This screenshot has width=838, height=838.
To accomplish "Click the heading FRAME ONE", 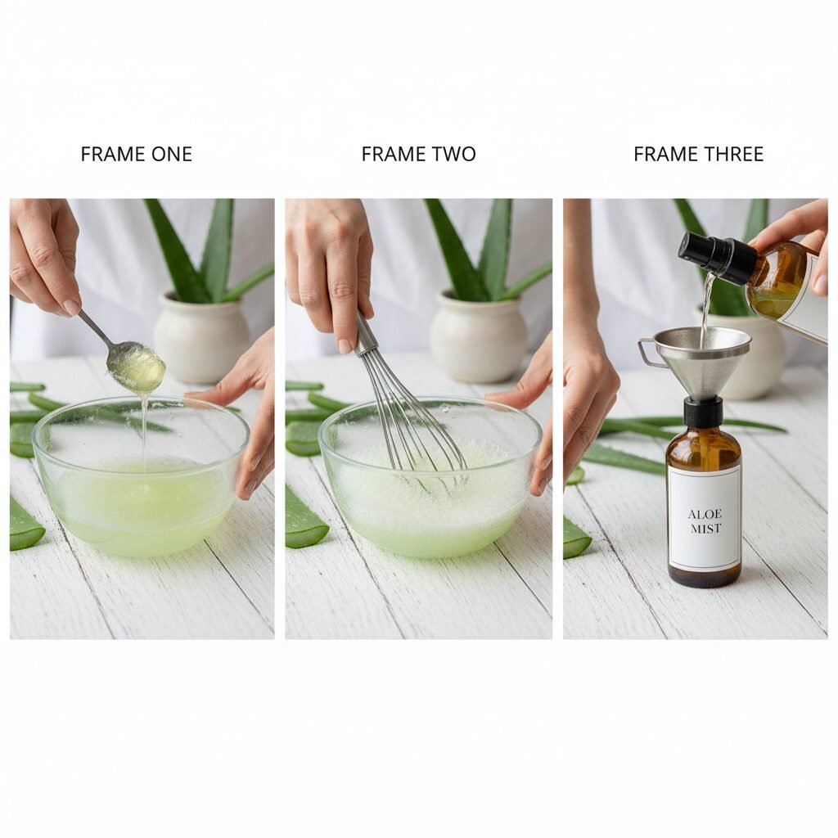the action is (137, 155).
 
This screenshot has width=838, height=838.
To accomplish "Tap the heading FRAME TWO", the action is (418, 155).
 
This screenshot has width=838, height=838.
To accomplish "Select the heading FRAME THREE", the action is (699, 155).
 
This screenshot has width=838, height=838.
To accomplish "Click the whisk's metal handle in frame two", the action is (365, 334).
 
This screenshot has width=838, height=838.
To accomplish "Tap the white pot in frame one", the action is (201, 336).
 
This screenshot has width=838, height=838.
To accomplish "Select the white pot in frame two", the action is (478, 336).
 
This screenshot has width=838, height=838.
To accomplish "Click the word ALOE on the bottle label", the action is (705, 514).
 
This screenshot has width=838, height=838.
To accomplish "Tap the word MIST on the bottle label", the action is (705, 529).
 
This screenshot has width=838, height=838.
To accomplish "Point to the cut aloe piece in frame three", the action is (576, 537).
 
